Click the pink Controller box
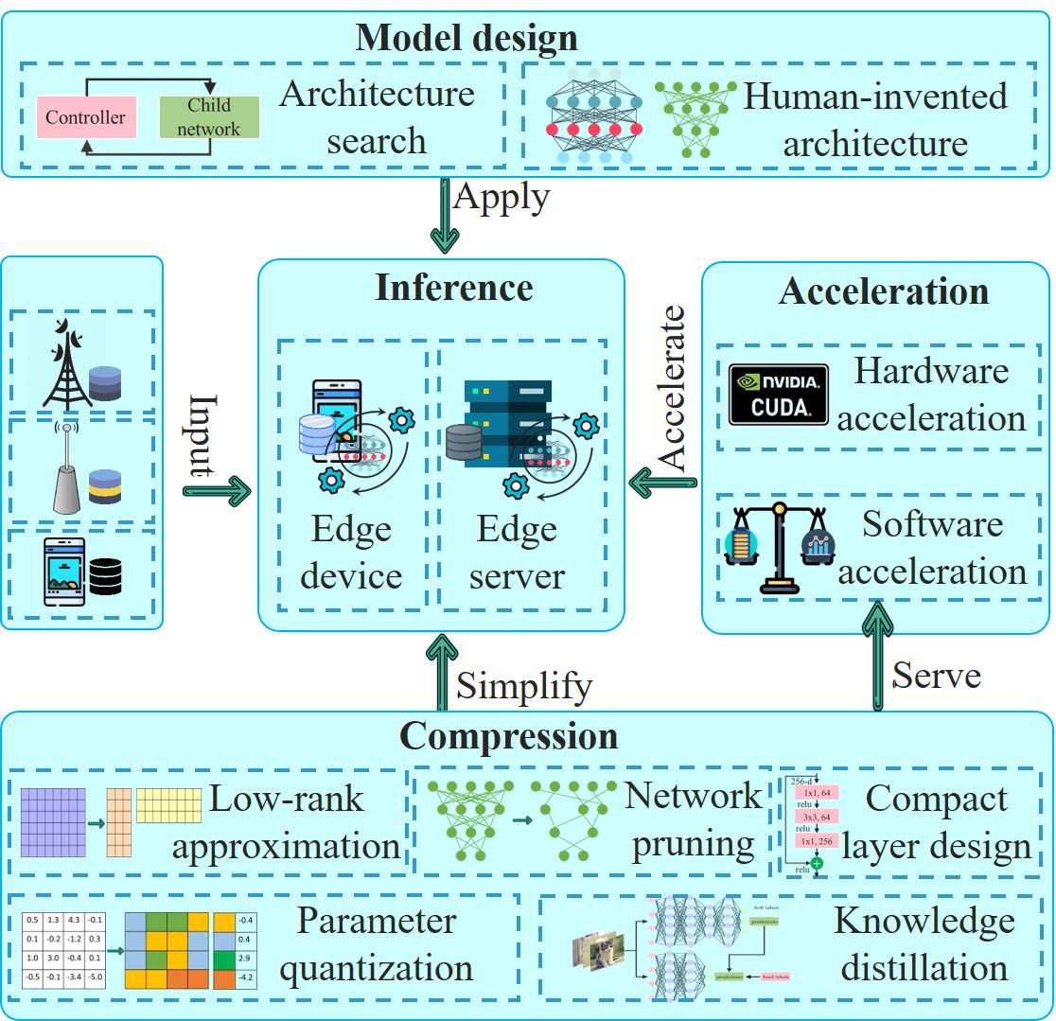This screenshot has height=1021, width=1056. point(85,118)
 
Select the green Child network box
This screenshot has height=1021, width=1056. point(208,118)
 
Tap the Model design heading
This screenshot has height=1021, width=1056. point(466,39)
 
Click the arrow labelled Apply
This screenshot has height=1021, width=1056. point(445,216)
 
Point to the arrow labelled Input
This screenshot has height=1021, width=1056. point(217,489)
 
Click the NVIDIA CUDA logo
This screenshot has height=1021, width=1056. point(779,394)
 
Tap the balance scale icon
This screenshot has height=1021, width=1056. point(778,547)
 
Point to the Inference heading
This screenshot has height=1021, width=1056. point(454,287)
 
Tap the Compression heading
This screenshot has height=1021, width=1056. point(508,735)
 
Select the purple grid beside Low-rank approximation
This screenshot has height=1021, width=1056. point(53,820)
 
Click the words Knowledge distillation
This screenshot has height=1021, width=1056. point(924,943)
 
